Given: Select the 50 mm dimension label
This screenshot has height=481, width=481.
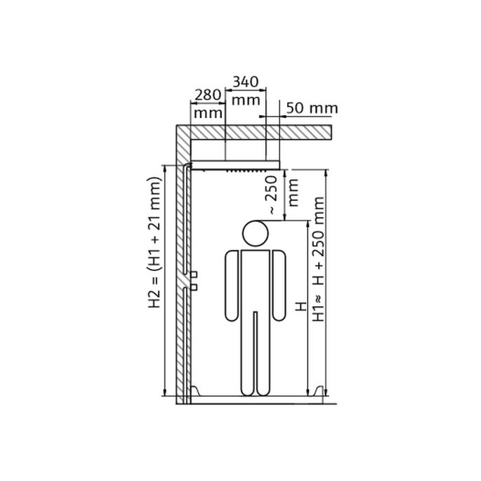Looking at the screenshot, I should coord(312,108).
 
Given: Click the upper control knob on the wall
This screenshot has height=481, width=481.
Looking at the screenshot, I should coord(195,273).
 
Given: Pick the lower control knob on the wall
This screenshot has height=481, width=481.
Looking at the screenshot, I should coord(195,286).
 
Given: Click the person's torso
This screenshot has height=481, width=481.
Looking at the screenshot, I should coord(255,281).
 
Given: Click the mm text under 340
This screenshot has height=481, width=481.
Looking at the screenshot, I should coord(245,100).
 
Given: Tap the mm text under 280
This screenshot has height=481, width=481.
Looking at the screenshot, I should coord(206,112).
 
